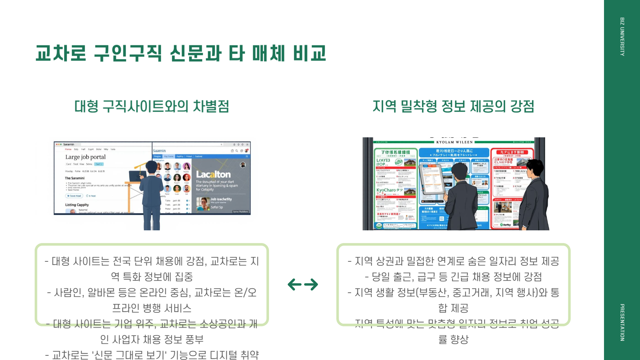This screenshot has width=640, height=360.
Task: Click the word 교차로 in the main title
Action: point(61,53)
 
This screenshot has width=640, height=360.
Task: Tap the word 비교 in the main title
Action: point(309,53)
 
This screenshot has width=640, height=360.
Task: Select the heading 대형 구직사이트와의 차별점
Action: point(152,106)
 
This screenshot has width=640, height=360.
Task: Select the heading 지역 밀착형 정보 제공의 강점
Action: point(453,106)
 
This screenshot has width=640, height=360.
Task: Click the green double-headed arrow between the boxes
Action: point(303,284)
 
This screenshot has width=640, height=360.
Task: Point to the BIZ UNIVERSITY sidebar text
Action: point(622,37)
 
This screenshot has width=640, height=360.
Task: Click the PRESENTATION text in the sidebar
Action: point(622,322)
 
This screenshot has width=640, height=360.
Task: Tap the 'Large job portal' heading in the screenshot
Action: point(85,157)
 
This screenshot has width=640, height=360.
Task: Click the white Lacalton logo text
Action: point(213,174)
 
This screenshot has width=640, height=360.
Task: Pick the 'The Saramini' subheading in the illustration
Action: point(75,178)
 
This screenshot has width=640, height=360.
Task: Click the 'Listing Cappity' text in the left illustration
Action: point(77,205)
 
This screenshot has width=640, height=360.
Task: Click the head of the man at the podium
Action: point(151,167)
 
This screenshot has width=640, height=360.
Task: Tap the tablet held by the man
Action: point(432,180)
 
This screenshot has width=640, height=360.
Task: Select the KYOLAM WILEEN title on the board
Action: point(454,142)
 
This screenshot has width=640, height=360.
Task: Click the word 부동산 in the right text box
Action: point(432,292)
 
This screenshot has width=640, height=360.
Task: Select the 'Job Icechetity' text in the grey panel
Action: point(221,199)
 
